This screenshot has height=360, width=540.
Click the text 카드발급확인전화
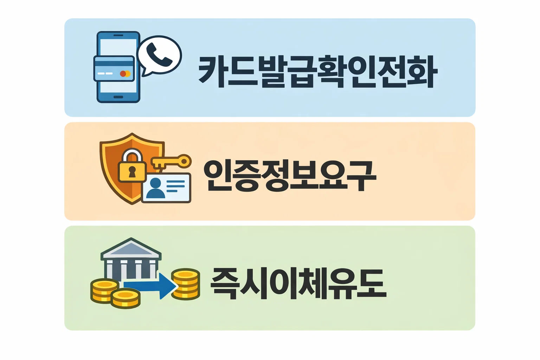[x=318, y=71]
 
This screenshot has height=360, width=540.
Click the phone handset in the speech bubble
[x=159, y=55]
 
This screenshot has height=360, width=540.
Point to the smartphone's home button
[x=118, y=97]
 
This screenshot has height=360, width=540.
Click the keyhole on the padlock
[x=132, y=172]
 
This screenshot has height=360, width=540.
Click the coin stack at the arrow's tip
[x=186, y=285]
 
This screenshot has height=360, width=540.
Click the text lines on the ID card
[x=175, y=186]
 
